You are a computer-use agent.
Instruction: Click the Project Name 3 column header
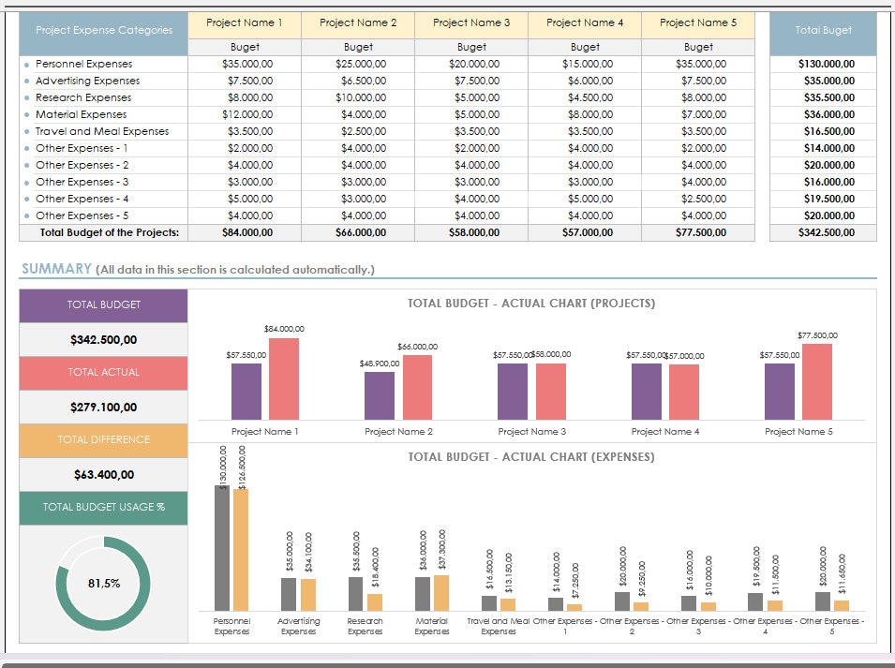pos(471,22)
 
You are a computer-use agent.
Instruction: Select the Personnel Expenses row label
pos(83,64)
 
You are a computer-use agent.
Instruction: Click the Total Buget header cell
pos(823,30)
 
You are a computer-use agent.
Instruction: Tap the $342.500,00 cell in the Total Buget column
pos(826,232)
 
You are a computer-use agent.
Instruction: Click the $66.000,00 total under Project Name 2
pos(358,232)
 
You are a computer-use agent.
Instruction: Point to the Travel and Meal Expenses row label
pos(102,131)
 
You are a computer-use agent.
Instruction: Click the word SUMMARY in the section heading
pos(55,269)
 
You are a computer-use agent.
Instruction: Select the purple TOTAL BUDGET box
pos(103,305)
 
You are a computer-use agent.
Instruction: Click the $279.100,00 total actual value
pos(103,407)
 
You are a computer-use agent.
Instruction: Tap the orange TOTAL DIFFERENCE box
pos(103,440)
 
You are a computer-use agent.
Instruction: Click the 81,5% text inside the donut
pos(103,583)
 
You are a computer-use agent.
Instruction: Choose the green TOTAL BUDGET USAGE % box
pos(103,507)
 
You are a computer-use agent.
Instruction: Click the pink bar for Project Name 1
pos(284,379)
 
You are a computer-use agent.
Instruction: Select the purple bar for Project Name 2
pos(380,395)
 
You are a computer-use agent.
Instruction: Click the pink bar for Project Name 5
pos(816,382)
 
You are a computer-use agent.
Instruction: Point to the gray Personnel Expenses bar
pos(221,548)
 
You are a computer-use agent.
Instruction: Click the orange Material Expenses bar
pos(441,593)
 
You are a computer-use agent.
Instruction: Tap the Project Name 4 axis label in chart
pos(664,432)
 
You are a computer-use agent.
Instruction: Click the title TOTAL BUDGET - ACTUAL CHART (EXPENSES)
pos(530,457)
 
